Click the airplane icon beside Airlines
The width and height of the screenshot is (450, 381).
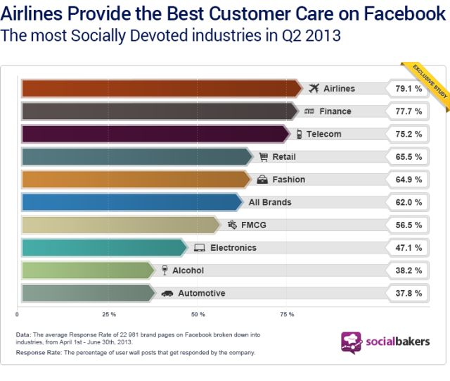(314, 89)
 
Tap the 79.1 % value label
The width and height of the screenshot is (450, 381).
(408, 89)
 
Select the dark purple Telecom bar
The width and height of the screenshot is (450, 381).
(155, 134)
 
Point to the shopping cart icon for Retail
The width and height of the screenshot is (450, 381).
(264, 157)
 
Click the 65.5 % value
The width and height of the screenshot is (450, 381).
(408, 157)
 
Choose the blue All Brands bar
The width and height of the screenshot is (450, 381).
(130, 202)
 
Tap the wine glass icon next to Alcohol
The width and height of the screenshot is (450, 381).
(165, 270)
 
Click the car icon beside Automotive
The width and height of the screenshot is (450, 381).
(167, 293)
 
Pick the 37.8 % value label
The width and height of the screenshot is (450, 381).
(408, 293)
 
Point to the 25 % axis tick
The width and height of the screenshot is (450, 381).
(108, 314)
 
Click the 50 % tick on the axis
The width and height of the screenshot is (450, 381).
(198, 314)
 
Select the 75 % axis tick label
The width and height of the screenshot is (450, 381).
(287, 314)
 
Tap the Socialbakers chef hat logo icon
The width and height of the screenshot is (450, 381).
(352, 343)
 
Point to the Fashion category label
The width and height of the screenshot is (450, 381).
(288, 180)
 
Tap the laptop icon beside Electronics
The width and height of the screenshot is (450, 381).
(199, 248)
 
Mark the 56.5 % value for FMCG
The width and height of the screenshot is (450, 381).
(408, 225)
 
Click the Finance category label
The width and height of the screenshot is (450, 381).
(335, 111)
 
